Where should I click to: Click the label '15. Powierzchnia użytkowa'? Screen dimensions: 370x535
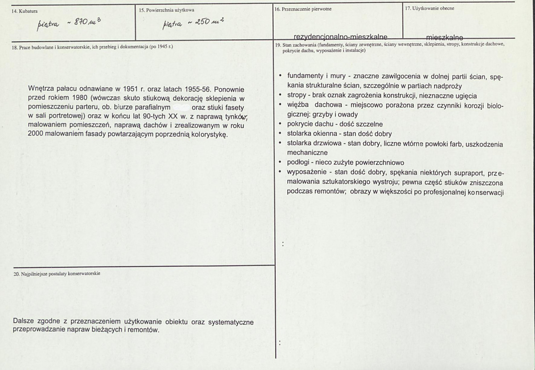pyautogui.click(x=167, y=9)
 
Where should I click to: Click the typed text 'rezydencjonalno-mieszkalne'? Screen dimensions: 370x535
pyautogui.click(x=340, y=37)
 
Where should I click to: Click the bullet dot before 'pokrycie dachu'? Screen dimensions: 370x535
pyautogui.click(x=280, y=124)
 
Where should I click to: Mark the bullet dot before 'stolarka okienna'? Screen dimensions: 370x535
pyautogui.click(x=280, y=134)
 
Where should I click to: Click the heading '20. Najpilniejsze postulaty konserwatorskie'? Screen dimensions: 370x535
pyautogui.click(x=57, y=273)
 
